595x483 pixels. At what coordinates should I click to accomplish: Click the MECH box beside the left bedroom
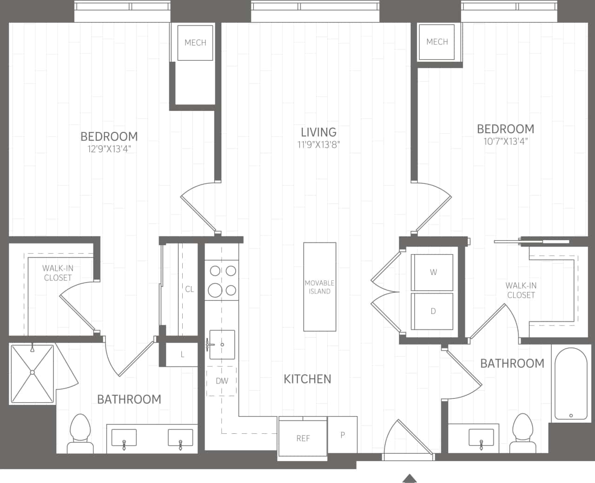(x=195, y=43)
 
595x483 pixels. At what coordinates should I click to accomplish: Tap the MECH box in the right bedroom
(x=437, y=42)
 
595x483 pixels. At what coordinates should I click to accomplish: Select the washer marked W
(x=433, y=272)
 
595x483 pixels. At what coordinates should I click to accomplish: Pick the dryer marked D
(x=433, y=311)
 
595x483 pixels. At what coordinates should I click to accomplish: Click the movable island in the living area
(x=320, y=287)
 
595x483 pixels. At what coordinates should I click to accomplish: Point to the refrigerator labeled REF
(x=303, y=438)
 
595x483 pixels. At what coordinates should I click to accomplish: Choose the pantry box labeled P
(x=343, y=435)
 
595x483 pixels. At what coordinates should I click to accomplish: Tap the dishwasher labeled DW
(x=222, y=381)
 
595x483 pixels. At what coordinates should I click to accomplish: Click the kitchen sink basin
(x=222, y=345)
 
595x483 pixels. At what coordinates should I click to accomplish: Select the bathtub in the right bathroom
(x=570, y=384)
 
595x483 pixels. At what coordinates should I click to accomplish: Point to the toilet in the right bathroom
(x=522, y=432)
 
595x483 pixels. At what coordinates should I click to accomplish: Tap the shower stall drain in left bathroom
(x=33, y=372)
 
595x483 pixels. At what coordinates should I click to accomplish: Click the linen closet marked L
(x=182, y=354)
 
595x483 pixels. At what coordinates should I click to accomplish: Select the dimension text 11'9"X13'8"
(x=319, y=145)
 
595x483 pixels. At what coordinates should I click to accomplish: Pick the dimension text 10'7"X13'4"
(x=506, y=142)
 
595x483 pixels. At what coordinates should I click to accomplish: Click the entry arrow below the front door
(x=409, y=478)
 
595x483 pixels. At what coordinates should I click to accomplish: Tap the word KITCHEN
(x=307, y=379)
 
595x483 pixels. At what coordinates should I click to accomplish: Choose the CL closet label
(x=190, y=289)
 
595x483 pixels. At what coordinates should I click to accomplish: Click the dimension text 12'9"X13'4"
(x=109, y=149)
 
